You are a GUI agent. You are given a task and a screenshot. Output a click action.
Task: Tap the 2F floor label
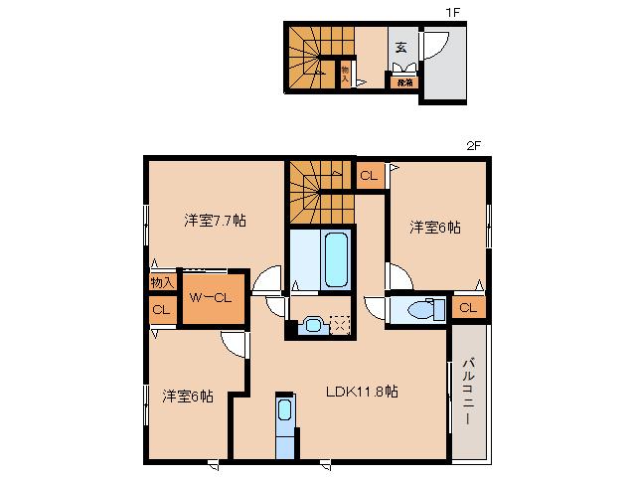pyautogui.click(x=473, y=145)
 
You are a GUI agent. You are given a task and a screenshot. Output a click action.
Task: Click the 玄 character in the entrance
pyautogui.click(x=400, y=48)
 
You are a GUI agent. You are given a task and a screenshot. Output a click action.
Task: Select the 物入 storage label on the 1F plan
pyautogui.click(x=345, y=74)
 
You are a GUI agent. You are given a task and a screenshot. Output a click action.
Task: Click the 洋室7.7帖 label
pyautogui.click(x=214, y=220)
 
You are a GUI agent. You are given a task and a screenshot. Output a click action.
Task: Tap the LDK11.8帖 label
pyautogui.click(x=363, y=391)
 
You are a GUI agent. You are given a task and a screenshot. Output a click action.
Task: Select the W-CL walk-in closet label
pyautogui.click(x=212, y=296)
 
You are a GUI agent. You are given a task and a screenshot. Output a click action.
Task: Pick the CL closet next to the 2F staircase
pyautogui.click(x=369, y=176)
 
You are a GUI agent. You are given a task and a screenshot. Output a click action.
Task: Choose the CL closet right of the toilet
pyautogui.click(x=467, y=308)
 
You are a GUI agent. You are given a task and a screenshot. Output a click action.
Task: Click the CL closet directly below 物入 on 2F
pyautogui.click(x=160, y=309)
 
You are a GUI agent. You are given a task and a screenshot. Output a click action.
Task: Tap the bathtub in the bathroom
pyautogui.click(x=334, y=258)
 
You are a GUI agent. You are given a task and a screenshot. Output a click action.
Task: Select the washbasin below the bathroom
pyautogui.click(x=312, y=324)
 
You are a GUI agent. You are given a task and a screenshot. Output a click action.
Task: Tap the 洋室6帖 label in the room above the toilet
pyautogui.click(x=436, y=228)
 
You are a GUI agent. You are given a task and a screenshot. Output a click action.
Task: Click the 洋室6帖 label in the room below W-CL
pyautogui.click(x=188, y=396)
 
